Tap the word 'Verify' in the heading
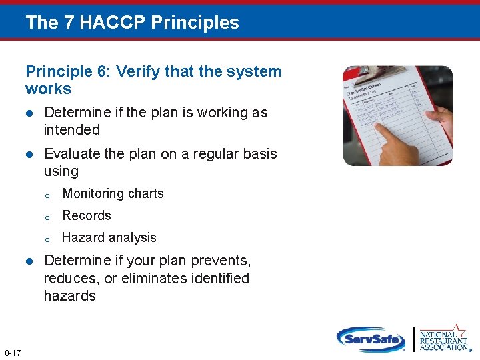click(137, 71)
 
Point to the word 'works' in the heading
click(48, 89)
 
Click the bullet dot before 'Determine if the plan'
click(29, 113)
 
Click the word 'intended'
click(72, 130)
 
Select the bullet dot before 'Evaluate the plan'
click(29, 154)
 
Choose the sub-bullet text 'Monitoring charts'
click(113, 194)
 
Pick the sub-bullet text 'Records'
click(87, 216)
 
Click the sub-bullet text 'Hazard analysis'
click(109, 238)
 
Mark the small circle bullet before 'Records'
click(47, 217)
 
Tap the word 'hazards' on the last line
click(70, 296)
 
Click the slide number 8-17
click(13, 352)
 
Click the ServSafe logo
click(371, 339)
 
